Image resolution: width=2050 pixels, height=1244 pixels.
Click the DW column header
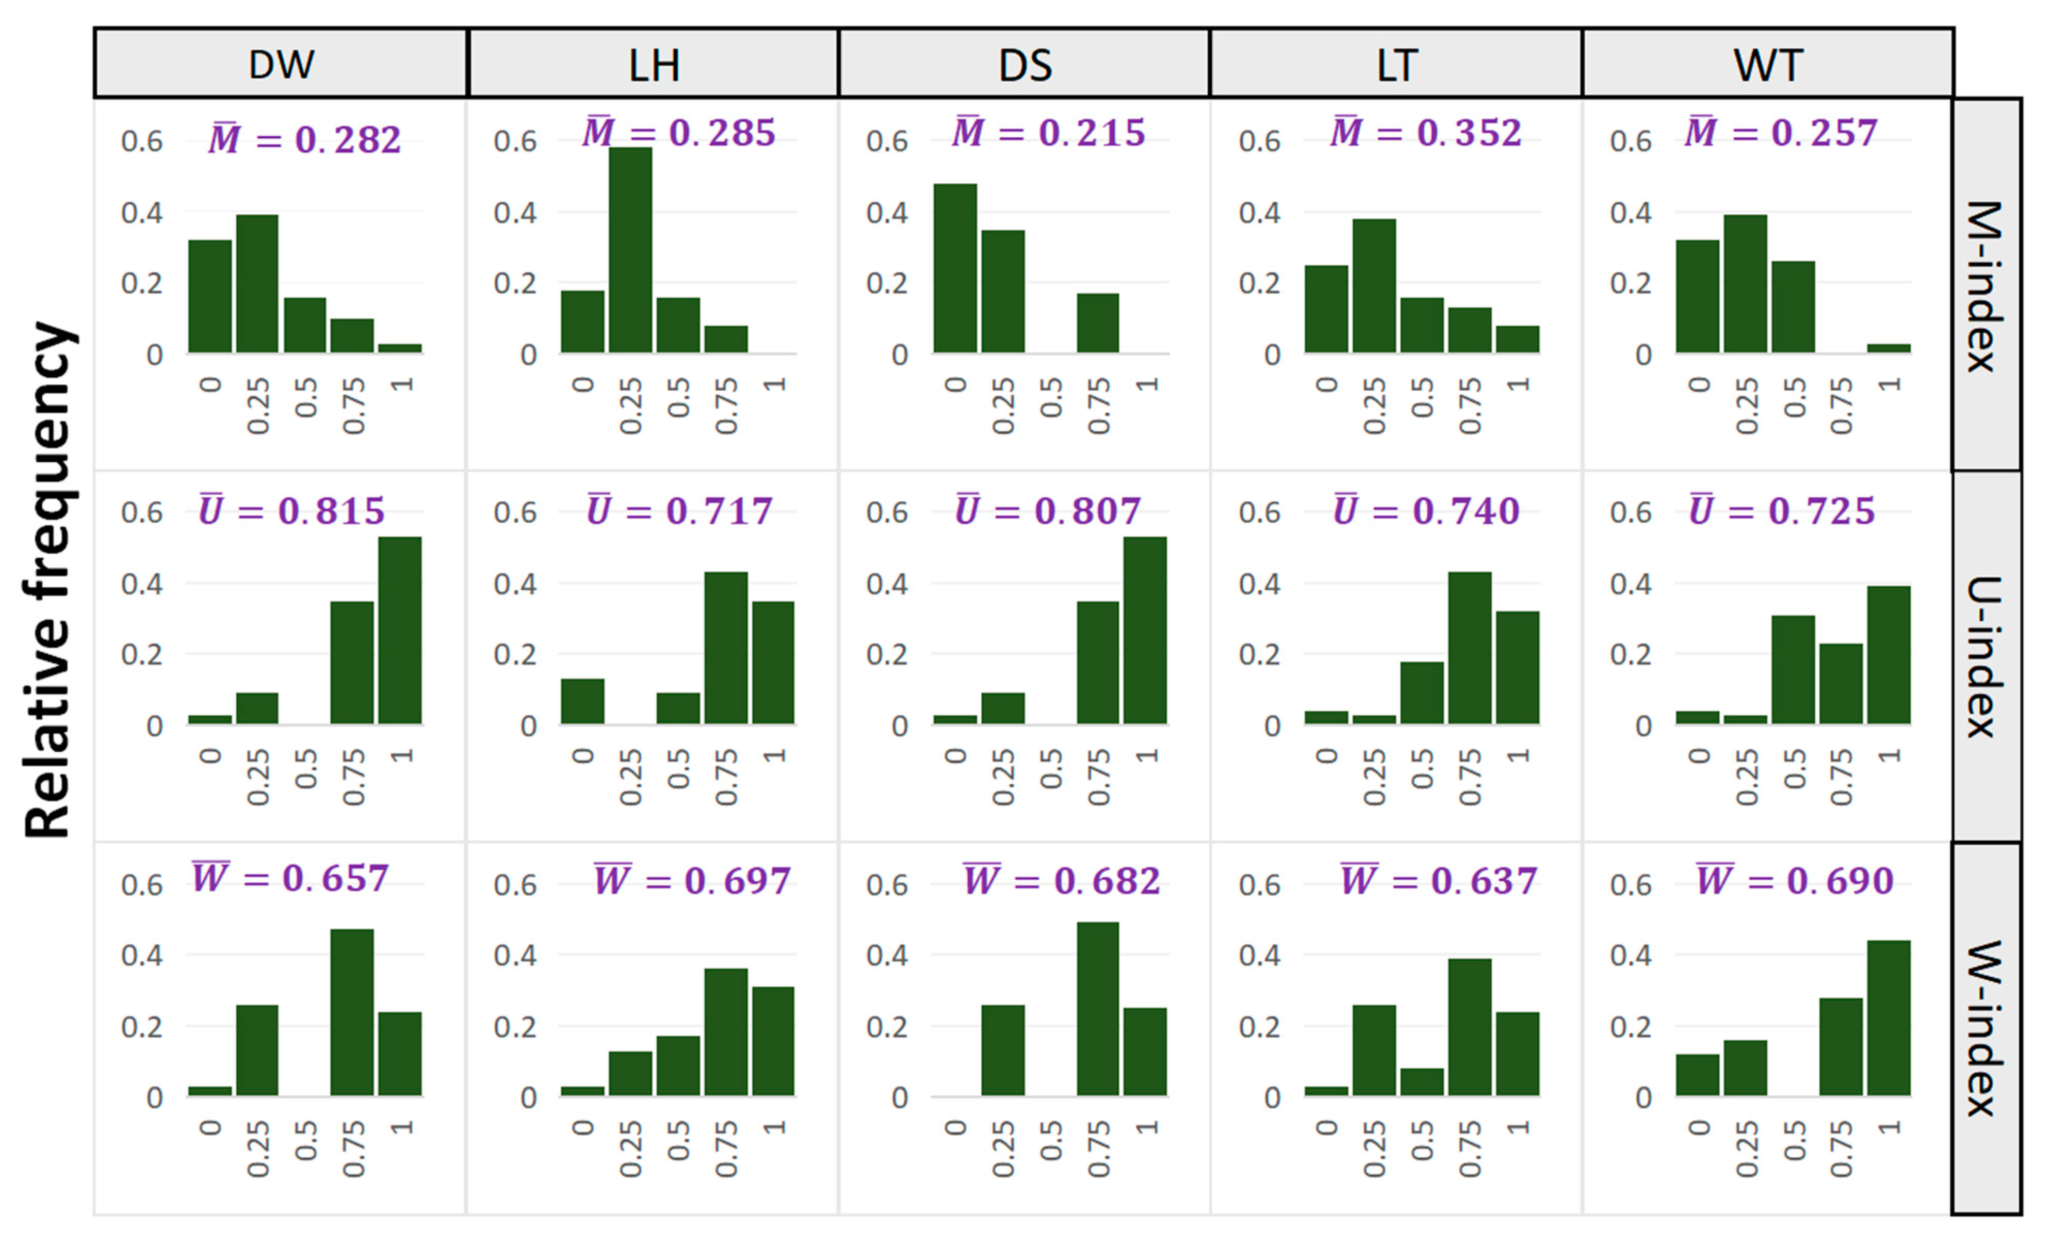pos(281,64)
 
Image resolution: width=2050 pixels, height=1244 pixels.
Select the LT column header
pos(1395,64)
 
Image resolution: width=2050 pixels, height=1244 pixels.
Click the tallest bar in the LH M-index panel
pos(631,250)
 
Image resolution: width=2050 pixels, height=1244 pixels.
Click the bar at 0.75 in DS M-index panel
pos(1098,323)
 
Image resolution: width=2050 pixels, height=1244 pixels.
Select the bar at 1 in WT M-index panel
pos(1889,348)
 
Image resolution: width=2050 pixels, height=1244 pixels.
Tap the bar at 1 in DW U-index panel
pos(400,630)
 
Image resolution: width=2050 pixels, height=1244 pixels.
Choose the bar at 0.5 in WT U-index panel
pos(1793,669)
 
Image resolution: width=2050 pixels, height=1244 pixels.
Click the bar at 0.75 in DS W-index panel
pos(1098,1009)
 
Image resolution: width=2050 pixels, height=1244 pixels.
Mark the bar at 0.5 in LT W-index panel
pos(1422,1082)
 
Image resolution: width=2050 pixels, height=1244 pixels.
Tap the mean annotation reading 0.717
pos(680,511)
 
